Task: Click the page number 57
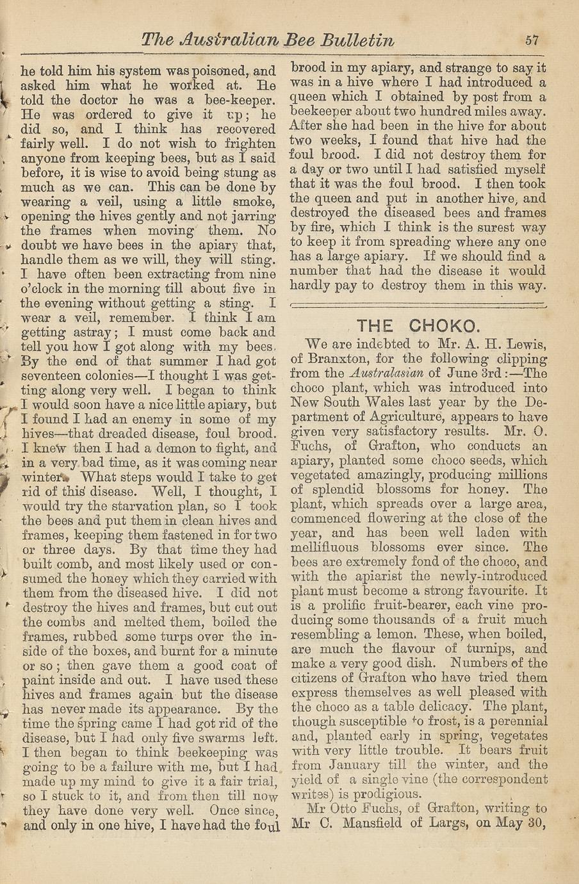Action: (x=531, y=40)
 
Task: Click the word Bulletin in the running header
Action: (x=357, y=40)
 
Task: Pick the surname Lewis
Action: (x=525, y=345)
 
